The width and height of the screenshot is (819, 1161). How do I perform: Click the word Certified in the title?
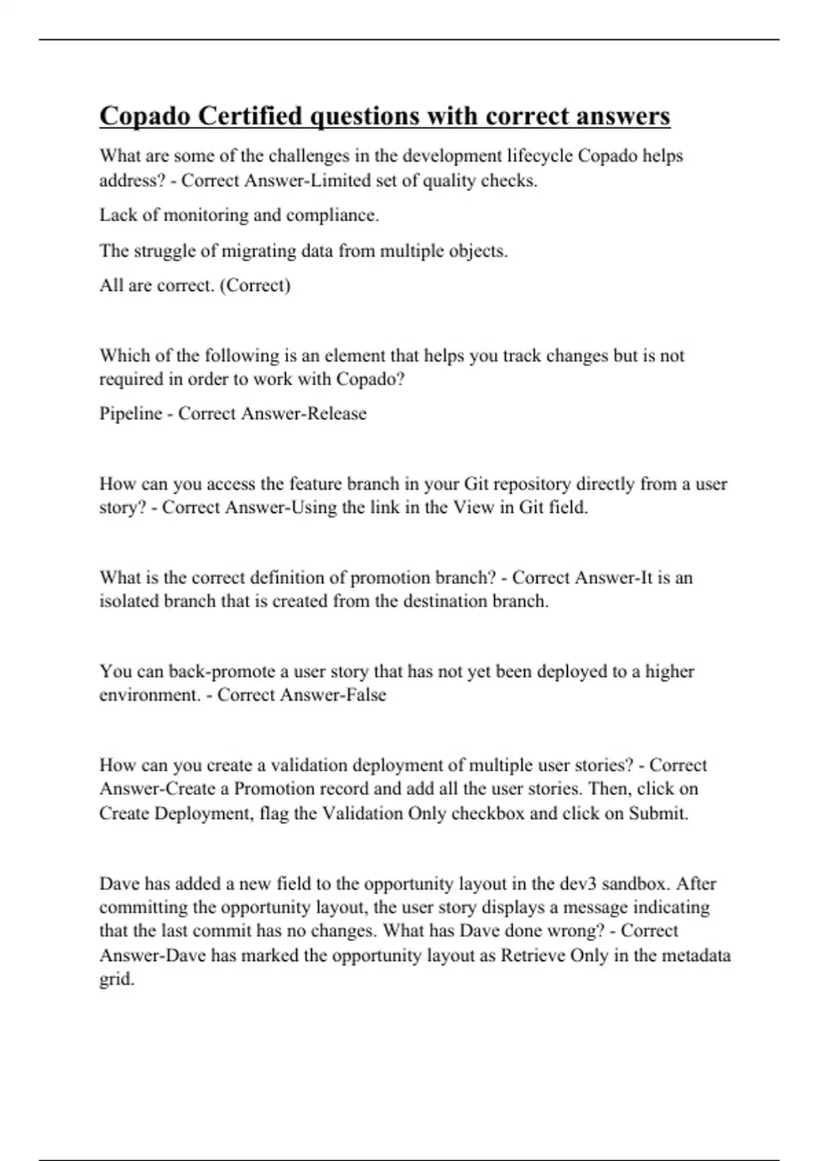click(x=250, y=116)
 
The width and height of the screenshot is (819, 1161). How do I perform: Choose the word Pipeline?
click(x=131, y=414)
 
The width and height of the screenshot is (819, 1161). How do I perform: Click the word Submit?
click(x=658, y=814)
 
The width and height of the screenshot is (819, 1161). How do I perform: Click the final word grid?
click(x=117, y=979)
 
